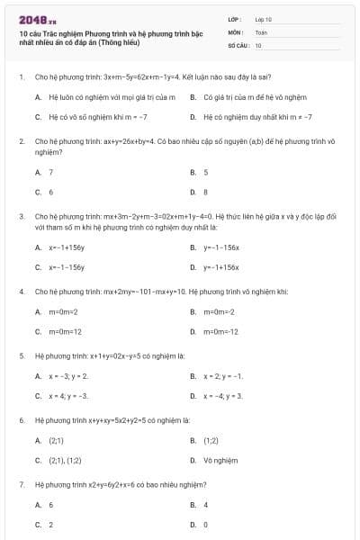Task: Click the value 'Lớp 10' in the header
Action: tap(264, 18)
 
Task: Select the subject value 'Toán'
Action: tap(261, 31)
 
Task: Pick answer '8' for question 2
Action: tap(205, 192)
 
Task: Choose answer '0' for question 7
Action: tap(205, 524)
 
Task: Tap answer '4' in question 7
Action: tap(205, 505)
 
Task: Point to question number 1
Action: tap(20, 77)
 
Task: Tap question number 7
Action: tap(20, 484)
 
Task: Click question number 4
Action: tap(20, 292)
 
